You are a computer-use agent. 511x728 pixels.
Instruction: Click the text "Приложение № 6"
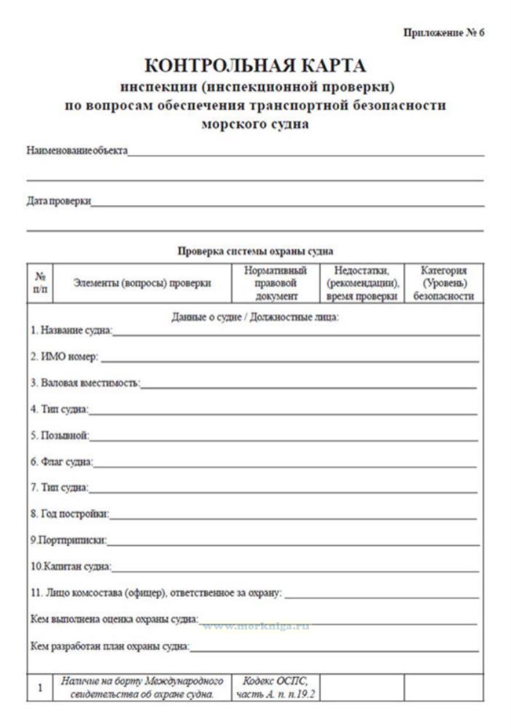click(443, 33)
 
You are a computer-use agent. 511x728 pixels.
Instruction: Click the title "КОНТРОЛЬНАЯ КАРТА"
click(255, 66)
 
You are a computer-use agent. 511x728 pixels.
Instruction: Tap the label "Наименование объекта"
click(77, 151)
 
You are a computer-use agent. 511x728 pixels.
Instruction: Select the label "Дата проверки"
click(59, 202)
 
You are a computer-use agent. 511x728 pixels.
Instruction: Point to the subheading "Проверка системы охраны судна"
click(255, 252)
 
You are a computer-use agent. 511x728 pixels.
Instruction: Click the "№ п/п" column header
click(40, 283)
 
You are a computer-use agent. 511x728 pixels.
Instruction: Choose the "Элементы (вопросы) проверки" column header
click(142, 283)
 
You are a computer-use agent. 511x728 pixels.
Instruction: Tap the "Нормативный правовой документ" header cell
click(275, 283)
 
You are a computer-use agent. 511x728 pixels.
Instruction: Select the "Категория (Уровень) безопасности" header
click(443, 283)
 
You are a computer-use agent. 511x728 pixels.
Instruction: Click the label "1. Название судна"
click(71, 331)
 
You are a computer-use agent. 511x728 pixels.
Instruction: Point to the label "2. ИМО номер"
click(65, 356)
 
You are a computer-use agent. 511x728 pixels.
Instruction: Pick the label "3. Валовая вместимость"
click(85, 383)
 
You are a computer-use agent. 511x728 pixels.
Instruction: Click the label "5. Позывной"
click(59, 435)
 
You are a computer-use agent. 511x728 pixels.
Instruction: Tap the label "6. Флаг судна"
click(62, 462)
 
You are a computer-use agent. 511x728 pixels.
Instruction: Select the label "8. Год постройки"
click(70, 514)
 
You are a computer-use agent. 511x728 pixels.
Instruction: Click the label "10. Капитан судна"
click(71, 566)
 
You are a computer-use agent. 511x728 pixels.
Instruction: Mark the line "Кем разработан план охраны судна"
click(110, 646)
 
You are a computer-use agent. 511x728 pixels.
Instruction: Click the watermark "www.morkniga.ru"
click(255, 627)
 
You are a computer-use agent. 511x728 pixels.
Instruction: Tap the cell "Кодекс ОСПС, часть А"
click(275, 687)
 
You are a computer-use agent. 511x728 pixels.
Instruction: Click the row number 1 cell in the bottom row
click(40, 688)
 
